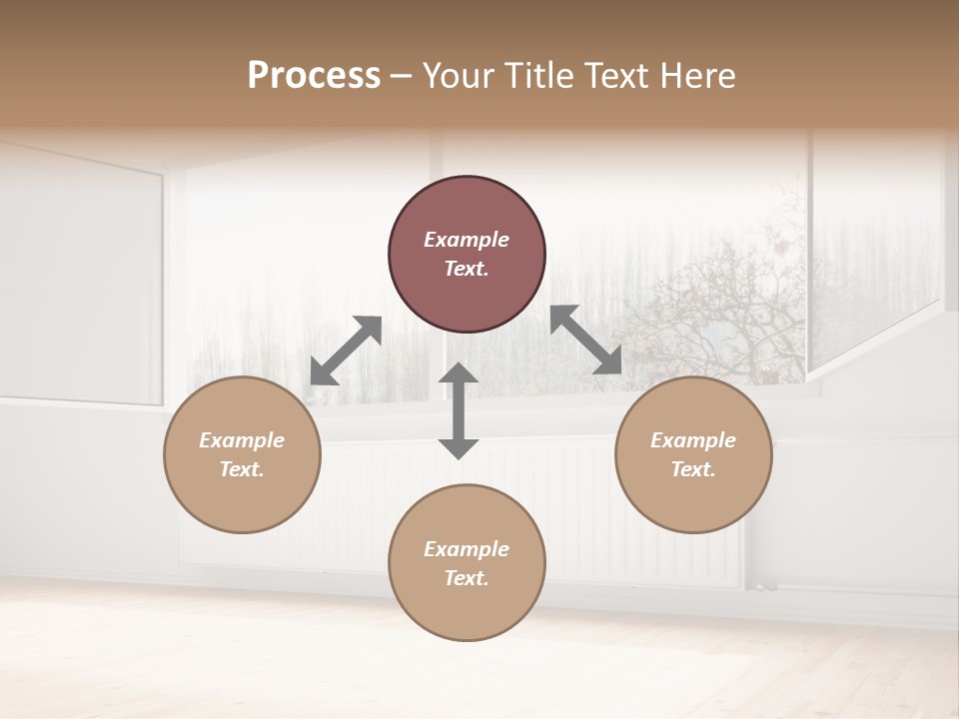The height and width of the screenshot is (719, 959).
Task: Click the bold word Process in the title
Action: point(314,76)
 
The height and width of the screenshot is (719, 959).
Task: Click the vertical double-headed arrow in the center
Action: point(459,410)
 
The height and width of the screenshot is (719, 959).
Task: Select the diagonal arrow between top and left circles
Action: point(346,351)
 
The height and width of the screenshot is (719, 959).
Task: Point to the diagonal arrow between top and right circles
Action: point(586,341)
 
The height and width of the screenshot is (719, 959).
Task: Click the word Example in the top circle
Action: point(467,240)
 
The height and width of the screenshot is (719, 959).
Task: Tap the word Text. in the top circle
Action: point(467,269)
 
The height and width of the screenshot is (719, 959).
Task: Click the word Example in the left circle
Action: point(242,440)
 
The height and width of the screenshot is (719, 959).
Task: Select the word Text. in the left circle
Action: point(242,469)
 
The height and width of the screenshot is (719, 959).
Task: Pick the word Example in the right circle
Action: point(693,440)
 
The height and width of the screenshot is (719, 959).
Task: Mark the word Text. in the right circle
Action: point(693,469)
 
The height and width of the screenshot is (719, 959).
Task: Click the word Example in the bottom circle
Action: point(467,549)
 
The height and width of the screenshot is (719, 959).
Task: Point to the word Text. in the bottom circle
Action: point(467,578)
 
